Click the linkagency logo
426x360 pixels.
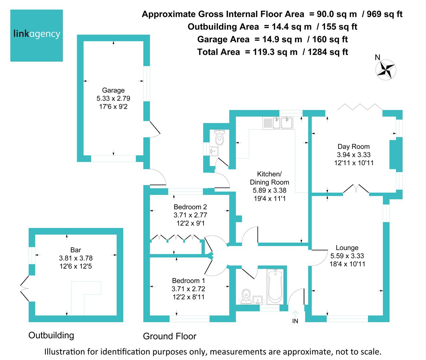coord(37,35)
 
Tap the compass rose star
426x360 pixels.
coord(386,70)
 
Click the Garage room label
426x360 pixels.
coord(113,90)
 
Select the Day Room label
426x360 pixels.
coord(354,146)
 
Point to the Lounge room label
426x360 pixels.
coord(347,248)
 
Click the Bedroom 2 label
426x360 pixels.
coord(190,207)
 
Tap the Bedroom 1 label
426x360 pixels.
coord(188,281)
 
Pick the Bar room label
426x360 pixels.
coord(76,250)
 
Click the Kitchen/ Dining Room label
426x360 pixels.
coord(269,178)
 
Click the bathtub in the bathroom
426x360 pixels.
coord(275,287)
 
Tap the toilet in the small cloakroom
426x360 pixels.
coord(219,137)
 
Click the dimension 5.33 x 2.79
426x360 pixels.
coord(113,98)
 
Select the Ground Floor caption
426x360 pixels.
coord(170,336)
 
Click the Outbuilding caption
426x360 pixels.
coord(51,335)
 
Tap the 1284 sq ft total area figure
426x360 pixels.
coord(328,52)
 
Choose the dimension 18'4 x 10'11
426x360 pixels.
coord(347,264)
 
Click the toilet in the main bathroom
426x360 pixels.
coord(246,297)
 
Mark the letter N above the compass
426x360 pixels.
coord(377,57)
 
